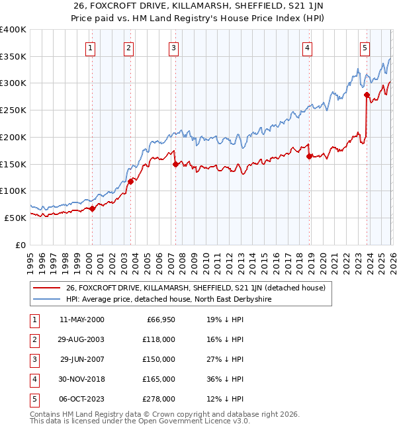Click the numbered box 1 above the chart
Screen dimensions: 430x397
click(89, 47)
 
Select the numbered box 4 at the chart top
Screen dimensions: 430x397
click(308, 47)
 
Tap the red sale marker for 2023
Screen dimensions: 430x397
click(367, 95)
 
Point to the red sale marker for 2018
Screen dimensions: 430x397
click(309, 156)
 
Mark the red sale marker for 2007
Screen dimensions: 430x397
click(175, 164)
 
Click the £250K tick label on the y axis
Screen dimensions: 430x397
click(13, 110)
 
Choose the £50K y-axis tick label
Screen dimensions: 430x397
click(15, 217)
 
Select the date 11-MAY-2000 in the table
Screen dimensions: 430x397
click(81, 320)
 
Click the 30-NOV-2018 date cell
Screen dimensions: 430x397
click(81, 379)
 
